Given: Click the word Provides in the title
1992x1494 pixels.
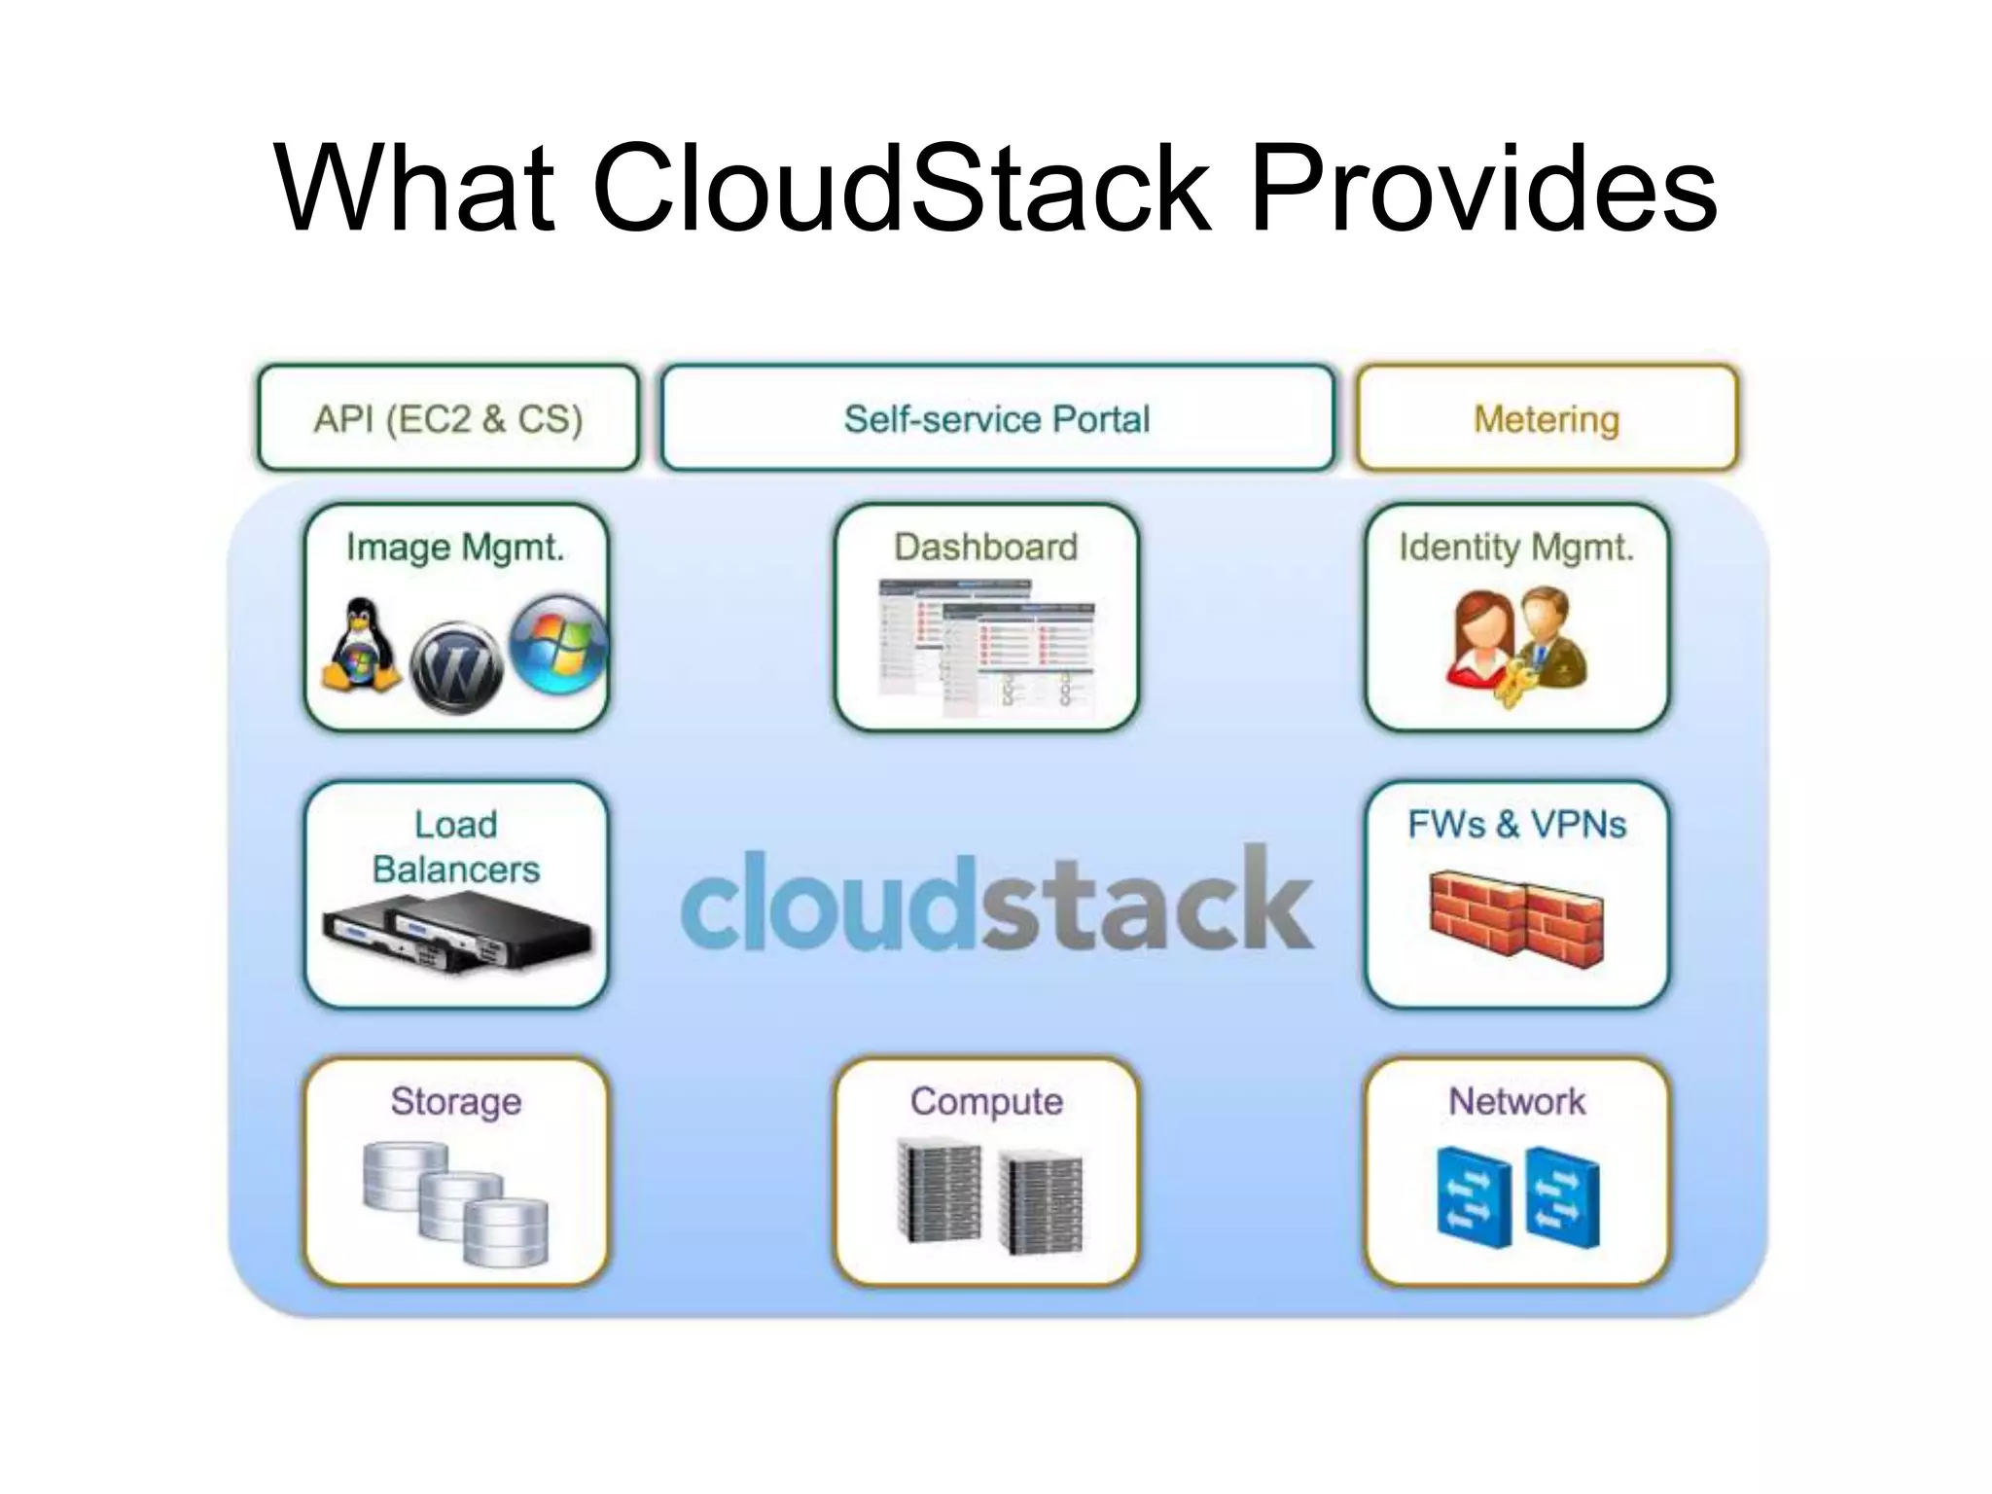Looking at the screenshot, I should [1483, 190].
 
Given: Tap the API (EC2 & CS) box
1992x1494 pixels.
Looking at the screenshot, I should [448, 419].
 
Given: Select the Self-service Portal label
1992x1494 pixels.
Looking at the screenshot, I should [996, 419].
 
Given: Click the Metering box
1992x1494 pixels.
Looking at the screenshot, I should [1546, 419].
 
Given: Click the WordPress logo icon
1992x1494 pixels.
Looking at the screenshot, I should [456, 667].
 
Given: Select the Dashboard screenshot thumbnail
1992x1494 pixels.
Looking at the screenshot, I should [985, 647].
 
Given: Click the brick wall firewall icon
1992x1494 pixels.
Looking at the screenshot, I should [1515, 919].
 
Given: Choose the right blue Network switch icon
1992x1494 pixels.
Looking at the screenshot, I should [1562, 1197].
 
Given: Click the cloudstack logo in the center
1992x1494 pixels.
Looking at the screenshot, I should [996, 900].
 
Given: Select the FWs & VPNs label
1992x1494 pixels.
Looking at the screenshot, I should [1515, 825].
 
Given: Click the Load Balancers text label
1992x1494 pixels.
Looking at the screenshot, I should [456, 846].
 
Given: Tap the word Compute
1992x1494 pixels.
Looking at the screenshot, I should [985, 1101].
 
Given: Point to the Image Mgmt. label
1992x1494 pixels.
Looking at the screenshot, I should [455, 548].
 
